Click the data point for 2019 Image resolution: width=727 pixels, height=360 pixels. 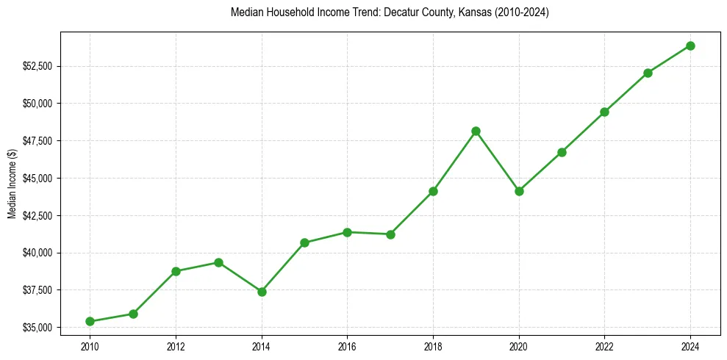click(476, 131)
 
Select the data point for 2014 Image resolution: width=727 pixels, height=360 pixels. click(262, 292)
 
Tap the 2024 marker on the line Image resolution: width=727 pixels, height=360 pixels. click(690, 46)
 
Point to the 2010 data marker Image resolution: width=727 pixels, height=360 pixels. click(90, 321)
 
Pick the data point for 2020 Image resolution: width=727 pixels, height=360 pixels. click(519, 191)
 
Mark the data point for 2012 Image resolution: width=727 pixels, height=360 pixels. click(176, 271)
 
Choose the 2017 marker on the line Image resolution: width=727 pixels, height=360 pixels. click(390, 234)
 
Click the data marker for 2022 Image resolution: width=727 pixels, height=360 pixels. click(604, 112)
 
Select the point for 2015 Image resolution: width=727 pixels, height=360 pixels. click(304, 242)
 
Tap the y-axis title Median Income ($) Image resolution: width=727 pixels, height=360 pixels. click(12, 183)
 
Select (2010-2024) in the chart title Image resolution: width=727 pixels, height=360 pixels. click(520, 13)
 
